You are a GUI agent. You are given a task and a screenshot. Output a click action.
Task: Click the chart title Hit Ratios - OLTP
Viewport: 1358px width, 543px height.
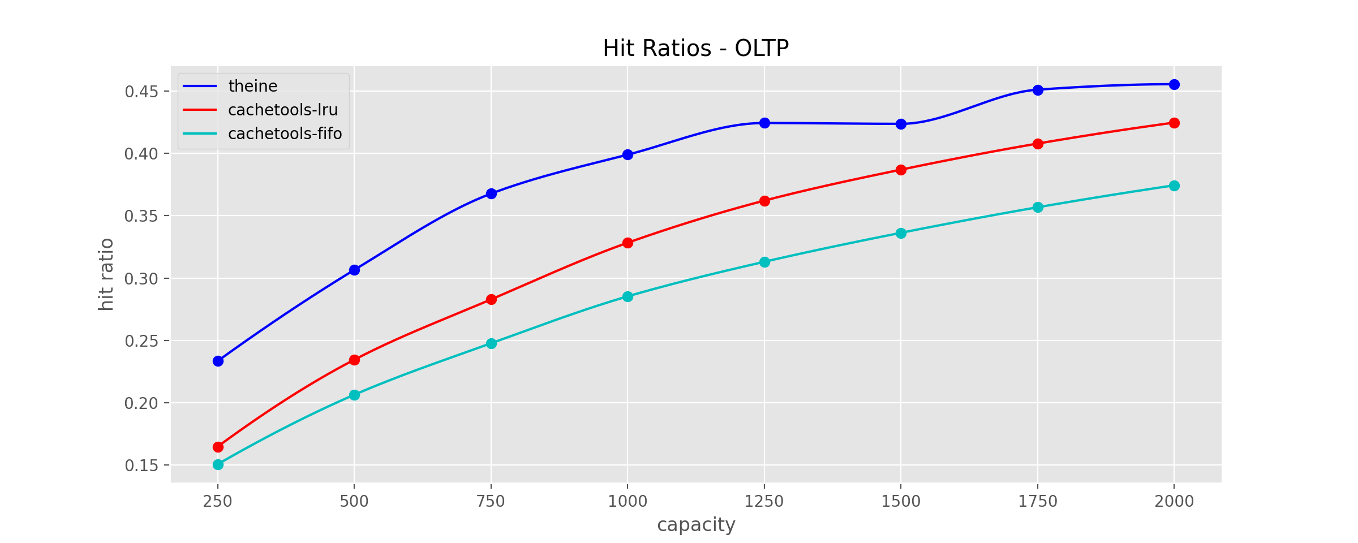[x=695, y=48]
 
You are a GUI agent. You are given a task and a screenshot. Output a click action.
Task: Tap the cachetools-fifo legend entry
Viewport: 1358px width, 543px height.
[x=263, y=133]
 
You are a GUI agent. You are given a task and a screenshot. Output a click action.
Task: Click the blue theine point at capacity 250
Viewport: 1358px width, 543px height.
[x=218, y=361]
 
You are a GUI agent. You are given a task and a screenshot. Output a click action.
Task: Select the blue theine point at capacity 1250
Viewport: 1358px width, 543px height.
[x=764, y=123]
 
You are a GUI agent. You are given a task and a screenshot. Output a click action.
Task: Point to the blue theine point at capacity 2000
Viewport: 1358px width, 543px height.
[x=1174, y=84]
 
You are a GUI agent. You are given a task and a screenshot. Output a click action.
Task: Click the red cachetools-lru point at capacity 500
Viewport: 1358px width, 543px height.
[x=354, y=360]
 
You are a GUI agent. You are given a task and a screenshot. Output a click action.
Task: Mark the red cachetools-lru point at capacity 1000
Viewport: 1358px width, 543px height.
[x=628, y=243]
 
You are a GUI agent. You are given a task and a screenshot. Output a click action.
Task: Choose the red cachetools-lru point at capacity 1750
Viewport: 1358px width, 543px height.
[x=1038, y=144]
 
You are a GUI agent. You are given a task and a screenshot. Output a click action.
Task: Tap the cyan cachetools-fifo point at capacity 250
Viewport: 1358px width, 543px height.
[x=218, y=464]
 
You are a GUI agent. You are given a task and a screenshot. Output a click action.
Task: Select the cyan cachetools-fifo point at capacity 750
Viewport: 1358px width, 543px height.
[x=491, y=343]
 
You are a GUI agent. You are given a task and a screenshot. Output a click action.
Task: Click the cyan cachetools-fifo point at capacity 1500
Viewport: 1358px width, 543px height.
[x=901, y=233]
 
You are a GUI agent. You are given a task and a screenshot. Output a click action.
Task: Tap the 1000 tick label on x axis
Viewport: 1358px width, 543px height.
[x=628, y=501]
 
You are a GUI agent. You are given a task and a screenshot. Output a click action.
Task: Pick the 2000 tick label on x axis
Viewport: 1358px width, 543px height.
[x=1174, y=501]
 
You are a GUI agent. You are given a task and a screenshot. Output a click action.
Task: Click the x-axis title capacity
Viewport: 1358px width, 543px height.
[x=696, y=525]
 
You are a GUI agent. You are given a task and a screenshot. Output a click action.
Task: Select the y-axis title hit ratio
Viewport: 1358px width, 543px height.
[x=106, y=274]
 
